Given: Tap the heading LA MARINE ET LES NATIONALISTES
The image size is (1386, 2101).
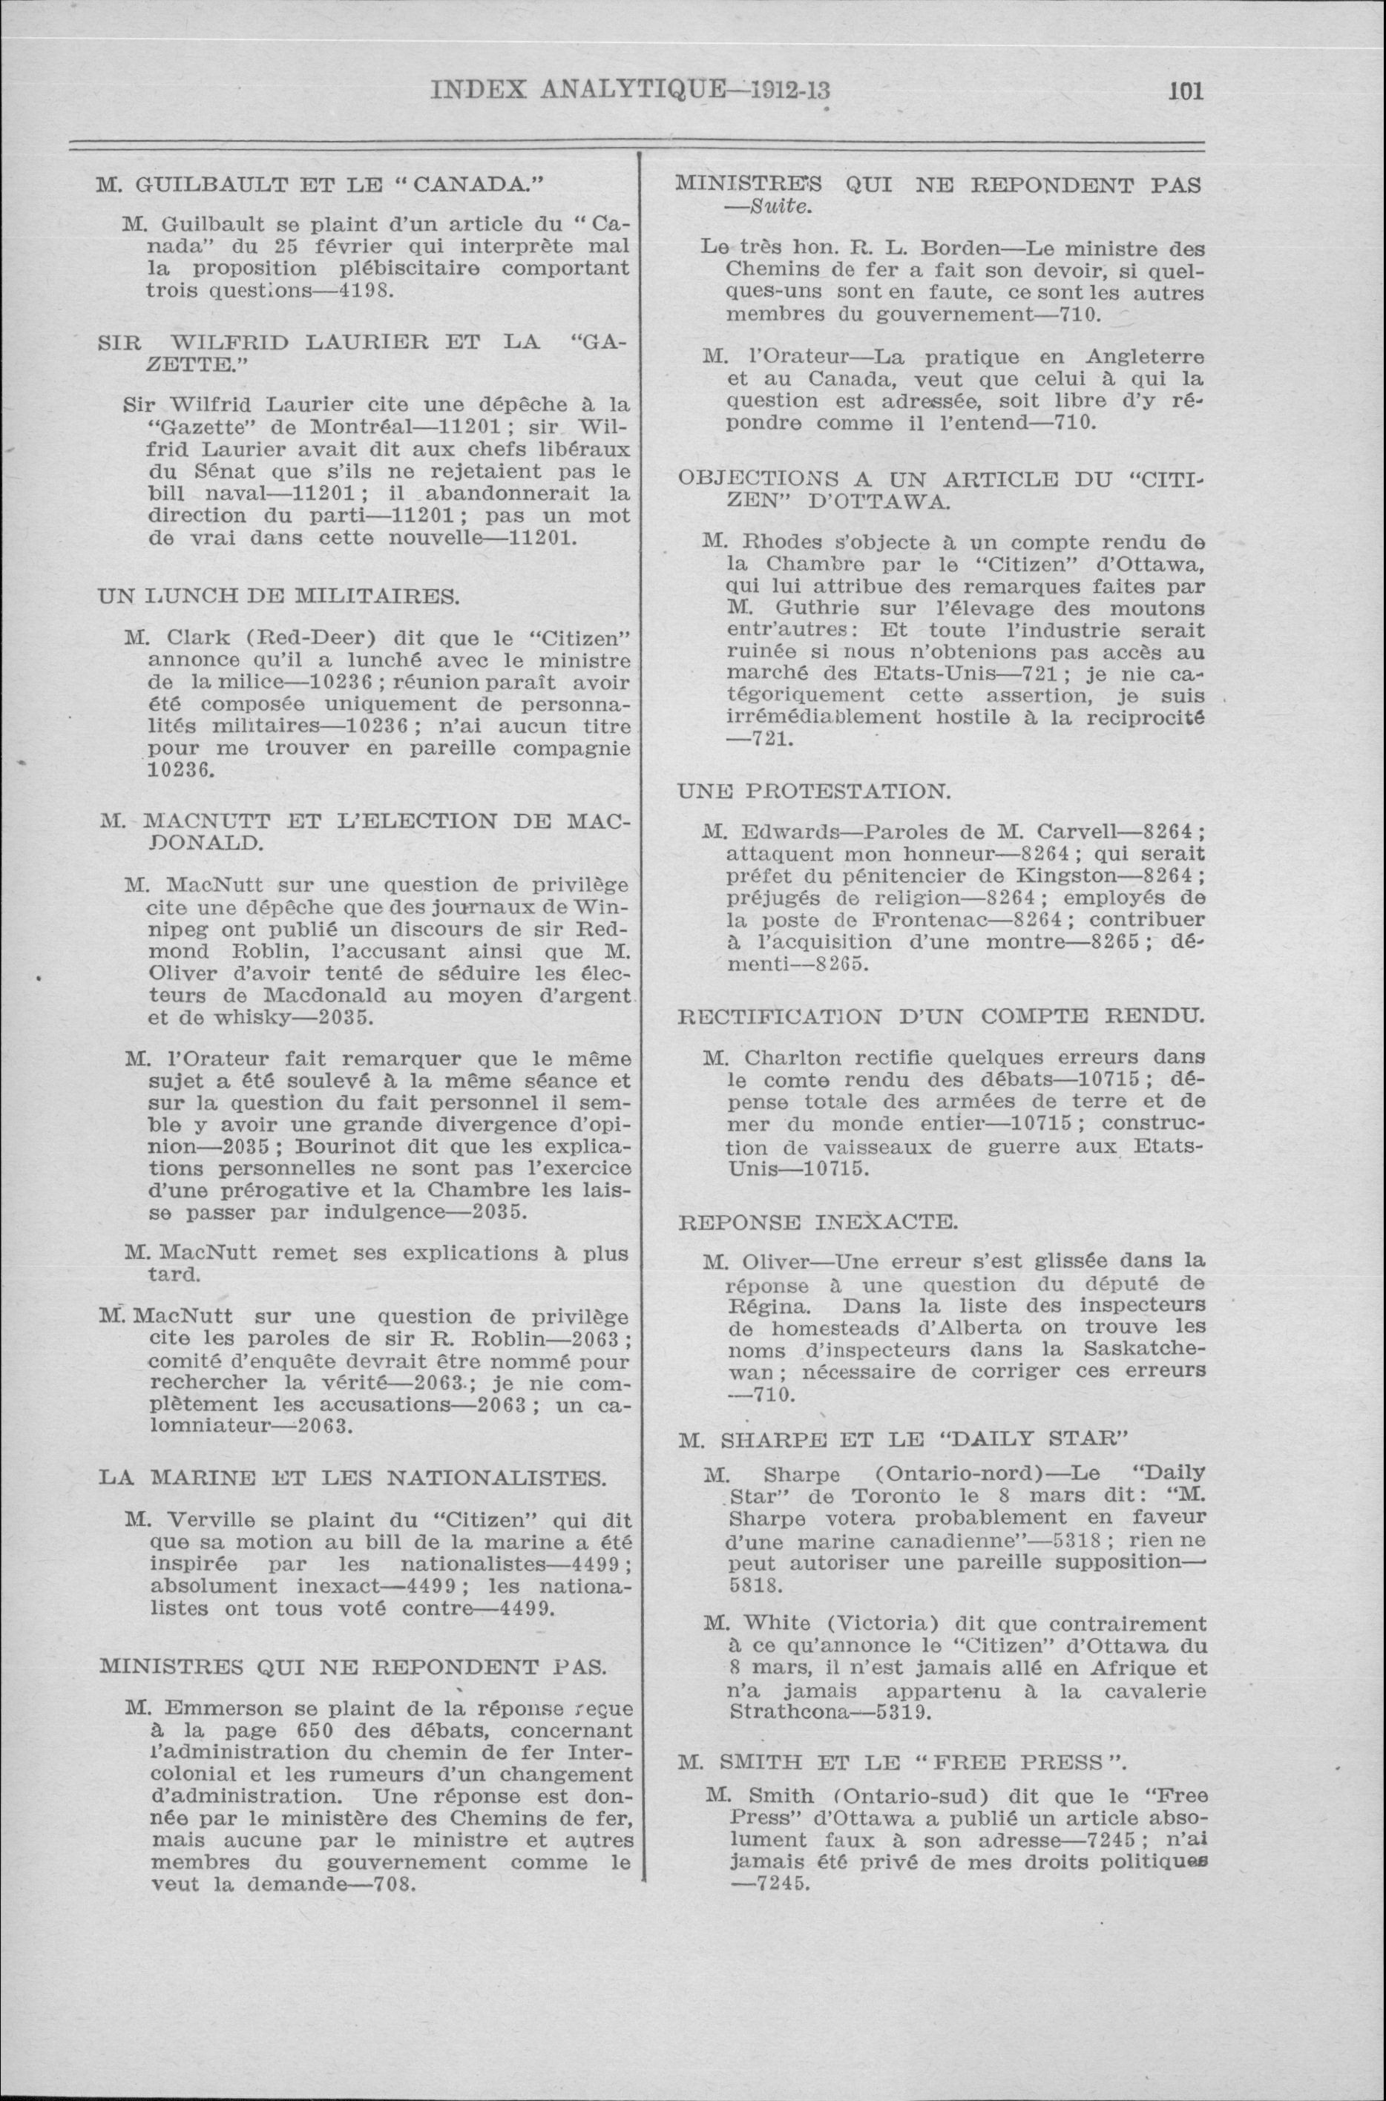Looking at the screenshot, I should [x=352, y=1477].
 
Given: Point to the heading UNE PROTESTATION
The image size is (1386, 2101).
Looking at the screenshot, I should [x=814, y=791].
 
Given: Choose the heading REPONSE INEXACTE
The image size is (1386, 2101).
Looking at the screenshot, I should [x=818, y=1223].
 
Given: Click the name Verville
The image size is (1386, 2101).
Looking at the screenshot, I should [x=209, y=1520].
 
